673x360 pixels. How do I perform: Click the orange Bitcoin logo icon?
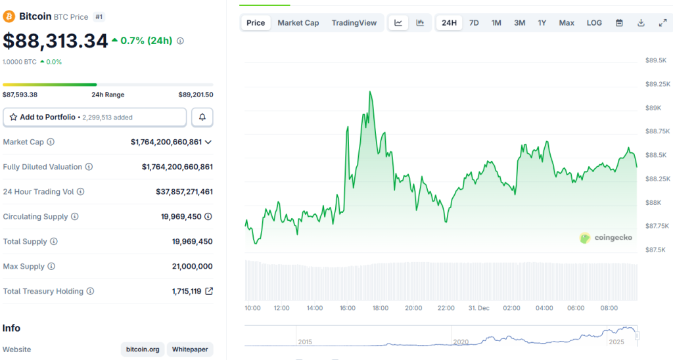10,16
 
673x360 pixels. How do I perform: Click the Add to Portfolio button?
95,117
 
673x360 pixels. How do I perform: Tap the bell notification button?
202,117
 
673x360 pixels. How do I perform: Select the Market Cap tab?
298,23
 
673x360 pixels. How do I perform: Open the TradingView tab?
354,23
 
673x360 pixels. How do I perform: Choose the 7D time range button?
474,23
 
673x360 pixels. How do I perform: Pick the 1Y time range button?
542,23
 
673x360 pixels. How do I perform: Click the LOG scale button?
594,23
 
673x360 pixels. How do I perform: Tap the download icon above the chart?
641,23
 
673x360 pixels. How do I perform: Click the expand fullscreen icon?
662,23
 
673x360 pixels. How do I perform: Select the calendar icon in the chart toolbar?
619,23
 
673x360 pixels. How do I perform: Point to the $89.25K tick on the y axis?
657,84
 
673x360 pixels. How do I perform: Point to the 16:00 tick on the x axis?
348,308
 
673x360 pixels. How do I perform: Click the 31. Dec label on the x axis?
479,308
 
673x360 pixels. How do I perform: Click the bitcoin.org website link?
143,349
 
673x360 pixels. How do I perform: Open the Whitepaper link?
190,349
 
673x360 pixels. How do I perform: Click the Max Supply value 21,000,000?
192,267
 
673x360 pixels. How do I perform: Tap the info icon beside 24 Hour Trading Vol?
81,192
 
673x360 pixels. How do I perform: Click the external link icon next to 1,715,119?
209,291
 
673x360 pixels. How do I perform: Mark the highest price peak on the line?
371,92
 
